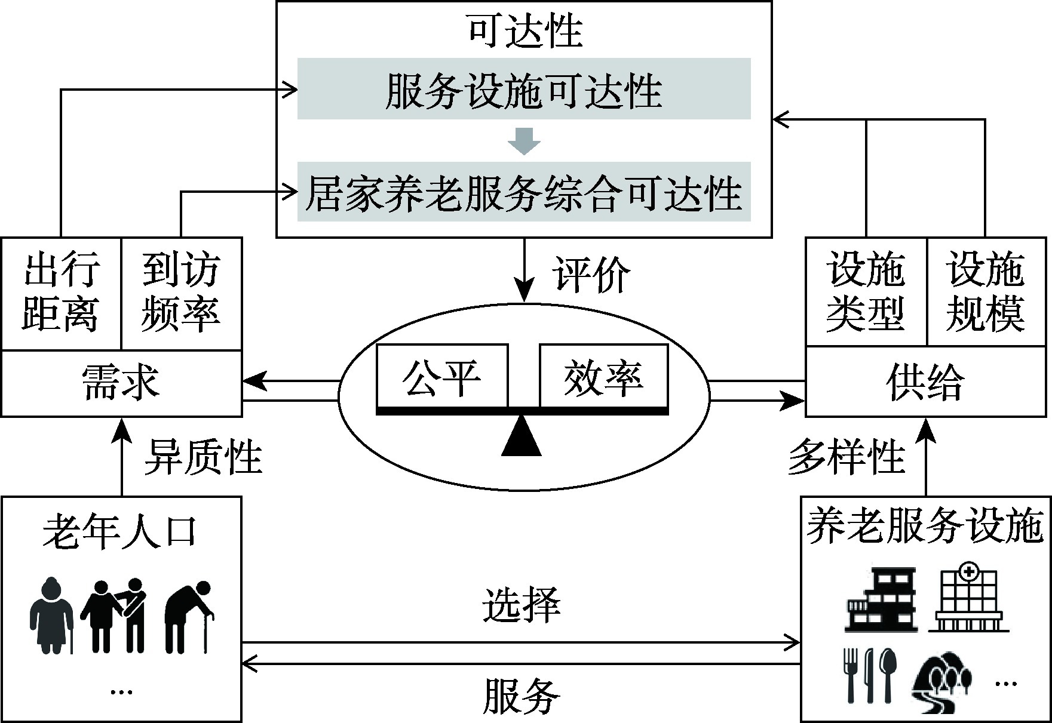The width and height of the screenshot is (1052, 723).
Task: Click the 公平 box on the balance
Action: (442, 376)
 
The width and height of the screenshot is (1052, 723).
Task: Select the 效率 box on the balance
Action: (603, 376)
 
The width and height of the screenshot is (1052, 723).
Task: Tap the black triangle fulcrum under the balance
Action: (522, 437)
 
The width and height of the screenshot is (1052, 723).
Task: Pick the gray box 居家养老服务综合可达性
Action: (524, 192)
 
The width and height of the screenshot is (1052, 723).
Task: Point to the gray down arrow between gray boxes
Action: (524, 140)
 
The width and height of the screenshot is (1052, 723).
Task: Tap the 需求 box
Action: (121, 383)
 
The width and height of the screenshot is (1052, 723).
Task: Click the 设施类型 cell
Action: (866, 291)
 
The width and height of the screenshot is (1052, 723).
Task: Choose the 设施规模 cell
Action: (986, 291)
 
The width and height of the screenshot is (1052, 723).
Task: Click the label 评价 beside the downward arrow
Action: (590, 275)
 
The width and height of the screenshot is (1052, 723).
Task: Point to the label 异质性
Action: (203, 457)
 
